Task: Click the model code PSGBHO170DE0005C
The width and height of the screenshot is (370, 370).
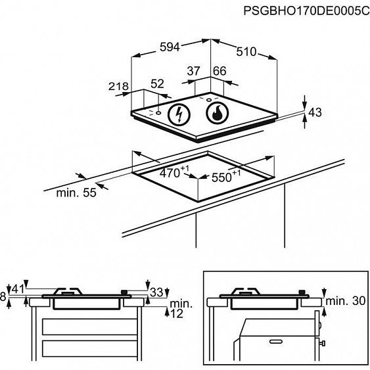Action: point(306,11)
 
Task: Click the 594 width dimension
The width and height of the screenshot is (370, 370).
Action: point(170,47)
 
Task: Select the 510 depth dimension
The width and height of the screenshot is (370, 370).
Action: point(246,51)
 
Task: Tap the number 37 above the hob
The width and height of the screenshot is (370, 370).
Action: point(193,70)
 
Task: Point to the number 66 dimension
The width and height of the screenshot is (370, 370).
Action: point(220,71)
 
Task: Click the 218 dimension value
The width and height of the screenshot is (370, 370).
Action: point(118,86)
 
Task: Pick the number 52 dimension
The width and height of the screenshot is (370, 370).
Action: point(157,83)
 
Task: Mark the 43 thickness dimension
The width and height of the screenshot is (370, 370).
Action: point(315,112)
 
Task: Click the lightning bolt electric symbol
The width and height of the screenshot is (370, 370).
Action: point(179,115)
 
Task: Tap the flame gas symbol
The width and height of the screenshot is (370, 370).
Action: point(218,113)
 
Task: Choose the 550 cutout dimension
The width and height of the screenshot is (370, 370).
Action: point(226,176)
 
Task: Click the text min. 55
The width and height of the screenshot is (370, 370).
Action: point(76,193)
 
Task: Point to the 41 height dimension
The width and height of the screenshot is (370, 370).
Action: point(18,289)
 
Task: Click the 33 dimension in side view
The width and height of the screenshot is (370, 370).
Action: point(156,292)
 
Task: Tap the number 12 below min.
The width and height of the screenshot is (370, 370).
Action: point(177,313)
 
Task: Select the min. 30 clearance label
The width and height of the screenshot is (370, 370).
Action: point(346,301)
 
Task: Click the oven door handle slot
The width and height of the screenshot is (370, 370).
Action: point(275,342)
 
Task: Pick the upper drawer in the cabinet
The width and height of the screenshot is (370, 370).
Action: point(89,327)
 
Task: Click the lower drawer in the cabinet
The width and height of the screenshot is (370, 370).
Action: point(89,348)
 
